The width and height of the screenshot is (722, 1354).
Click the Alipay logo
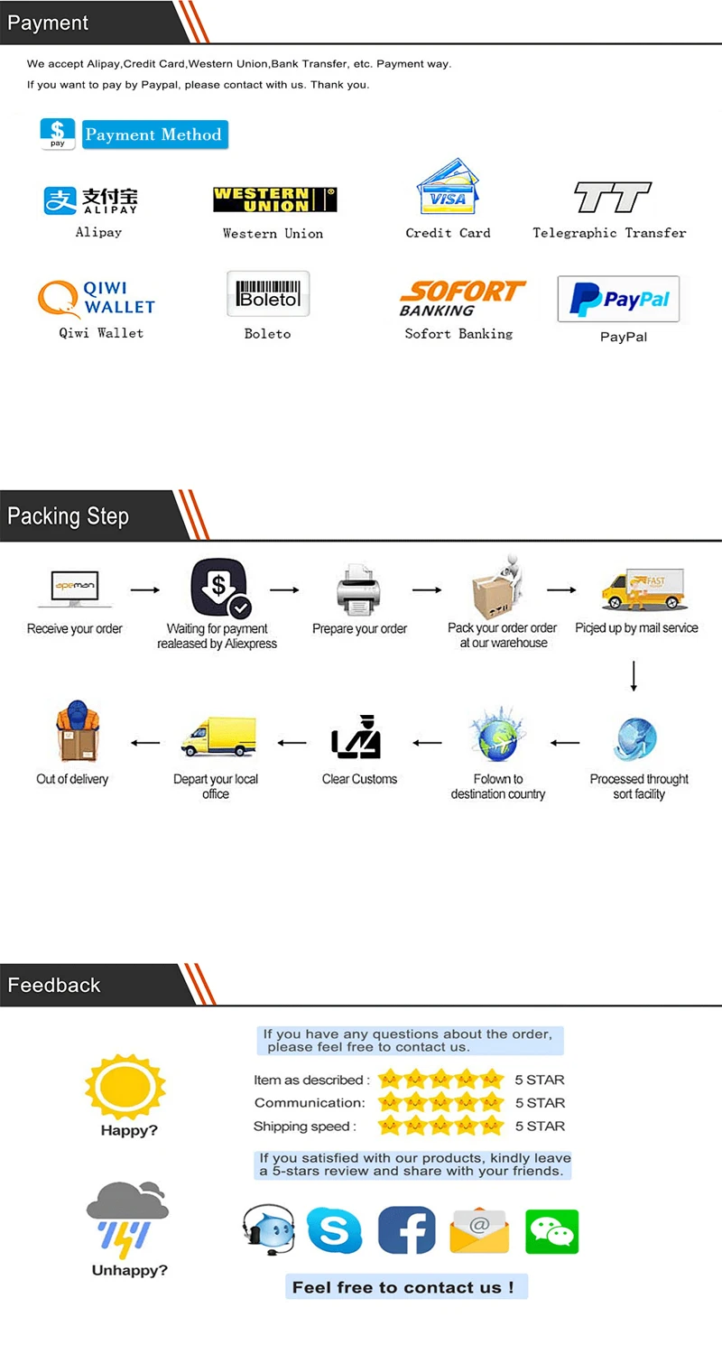[x=91, y=200]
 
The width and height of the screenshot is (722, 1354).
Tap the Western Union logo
[x=274, y=199]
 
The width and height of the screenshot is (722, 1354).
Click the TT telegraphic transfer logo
[x=612, y=198]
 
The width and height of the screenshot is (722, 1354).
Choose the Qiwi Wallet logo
[x=97, y=299]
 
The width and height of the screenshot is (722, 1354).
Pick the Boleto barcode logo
[x=268, y=294]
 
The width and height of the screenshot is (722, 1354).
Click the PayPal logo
[x=618, y=300]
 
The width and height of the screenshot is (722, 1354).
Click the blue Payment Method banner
[x=154, y=134]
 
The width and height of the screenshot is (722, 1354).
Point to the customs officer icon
[x=357, y=737]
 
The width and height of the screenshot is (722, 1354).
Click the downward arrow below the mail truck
[x=634, y=676]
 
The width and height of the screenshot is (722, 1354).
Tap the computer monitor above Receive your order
[x=75, y=589]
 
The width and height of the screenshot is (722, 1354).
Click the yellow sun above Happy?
[x=125, y=1084]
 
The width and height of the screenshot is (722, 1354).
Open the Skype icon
[x=334, y=1230]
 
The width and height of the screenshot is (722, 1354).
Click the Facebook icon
[x=406, y=1230]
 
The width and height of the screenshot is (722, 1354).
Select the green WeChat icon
[x=551, y=1231]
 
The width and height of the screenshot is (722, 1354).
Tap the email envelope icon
[x=478, y=1231]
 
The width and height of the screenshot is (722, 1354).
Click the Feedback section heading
[x=54, y=985]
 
